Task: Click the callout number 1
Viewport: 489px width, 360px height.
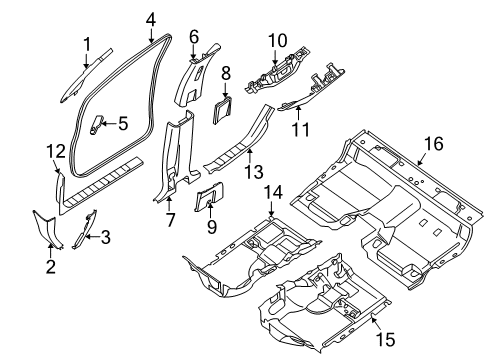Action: (87, 43)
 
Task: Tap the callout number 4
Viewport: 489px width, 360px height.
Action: (150, 19)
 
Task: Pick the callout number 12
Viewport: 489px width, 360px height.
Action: (56, 150)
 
